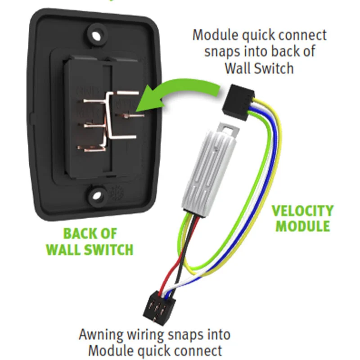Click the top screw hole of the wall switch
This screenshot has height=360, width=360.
tap(96, 33)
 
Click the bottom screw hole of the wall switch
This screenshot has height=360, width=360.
tap(96, 194)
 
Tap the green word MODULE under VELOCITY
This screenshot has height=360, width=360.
tap(302, 225)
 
